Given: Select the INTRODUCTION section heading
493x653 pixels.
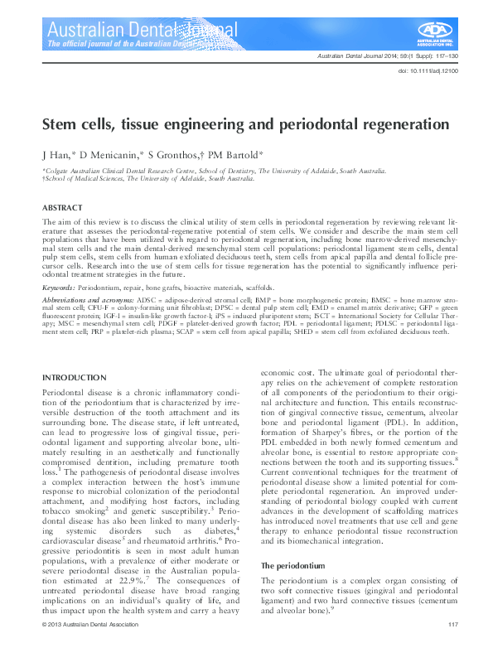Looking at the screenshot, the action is pyautogui.click(x=75, y=355).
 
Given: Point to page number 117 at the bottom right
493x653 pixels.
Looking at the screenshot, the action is pyautogui.click(x=453, y=624).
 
